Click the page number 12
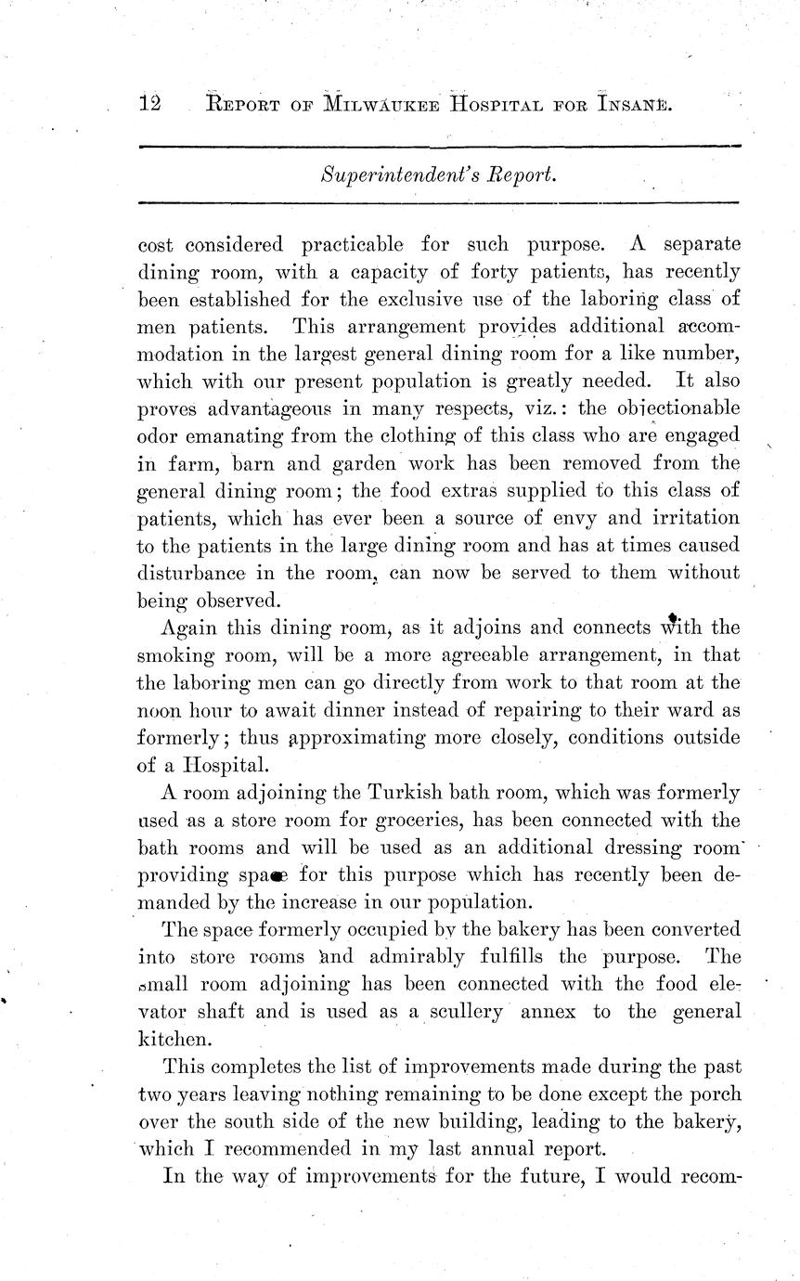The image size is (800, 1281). pyautogui.click(x=149, y=104)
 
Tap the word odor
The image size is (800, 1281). pyautogui.click(x=161, y=435)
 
